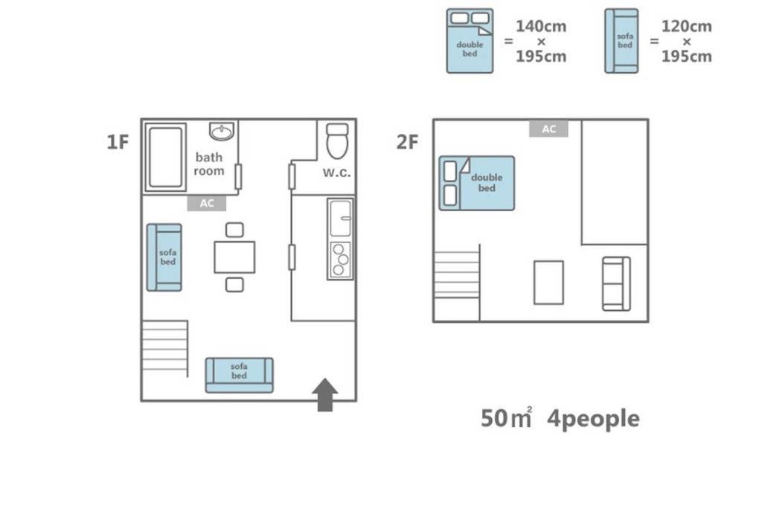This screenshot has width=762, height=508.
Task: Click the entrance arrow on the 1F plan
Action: click(x=324, y=394)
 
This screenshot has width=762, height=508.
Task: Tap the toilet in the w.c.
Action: click(x=337, y=141)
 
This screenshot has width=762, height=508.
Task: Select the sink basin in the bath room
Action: click(x=222, y=131)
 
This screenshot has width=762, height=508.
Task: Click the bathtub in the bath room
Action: click(x=165, y=158)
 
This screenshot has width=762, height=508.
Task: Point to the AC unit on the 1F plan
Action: click(x=207, y=203)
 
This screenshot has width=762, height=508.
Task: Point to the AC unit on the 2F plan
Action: click(x=548, y=129)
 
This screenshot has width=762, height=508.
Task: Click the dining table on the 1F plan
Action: click(x=234, y=257)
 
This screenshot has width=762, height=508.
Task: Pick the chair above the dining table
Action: click(x=234, y=230)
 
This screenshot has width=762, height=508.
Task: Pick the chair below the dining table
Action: click(x=234, y=285)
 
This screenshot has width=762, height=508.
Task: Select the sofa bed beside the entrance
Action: click(x=239, y=375)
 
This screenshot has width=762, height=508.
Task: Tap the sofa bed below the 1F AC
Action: click(x=164, y=257)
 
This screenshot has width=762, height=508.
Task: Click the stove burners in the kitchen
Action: click(x=340, y=260)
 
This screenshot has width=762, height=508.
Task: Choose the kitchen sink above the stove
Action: click(x=340, y=219)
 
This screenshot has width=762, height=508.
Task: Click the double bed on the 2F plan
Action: click(x=477, y=183)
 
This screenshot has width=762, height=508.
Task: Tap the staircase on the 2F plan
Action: click(x=457, y=274)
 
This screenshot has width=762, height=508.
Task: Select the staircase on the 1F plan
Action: click(x=164, y=348)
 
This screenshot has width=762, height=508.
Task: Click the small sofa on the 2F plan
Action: click(x=616, y=283)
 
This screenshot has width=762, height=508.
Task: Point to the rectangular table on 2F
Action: click(x=548, y=283)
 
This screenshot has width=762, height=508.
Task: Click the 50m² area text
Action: click(x=506, y=418)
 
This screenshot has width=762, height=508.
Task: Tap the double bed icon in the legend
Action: click(x=470, y=41)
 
